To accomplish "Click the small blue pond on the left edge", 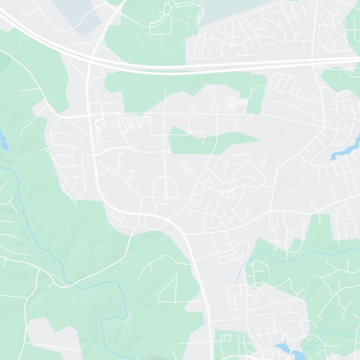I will (3, 140).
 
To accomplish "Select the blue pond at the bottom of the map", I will (283, 348).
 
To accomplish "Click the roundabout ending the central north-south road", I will (166, 197).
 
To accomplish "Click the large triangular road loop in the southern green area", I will (169, 290).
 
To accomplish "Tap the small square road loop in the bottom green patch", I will (226, 337).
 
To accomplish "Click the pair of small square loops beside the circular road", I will (147, 119).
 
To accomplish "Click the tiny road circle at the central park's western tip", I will (168, 152).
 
